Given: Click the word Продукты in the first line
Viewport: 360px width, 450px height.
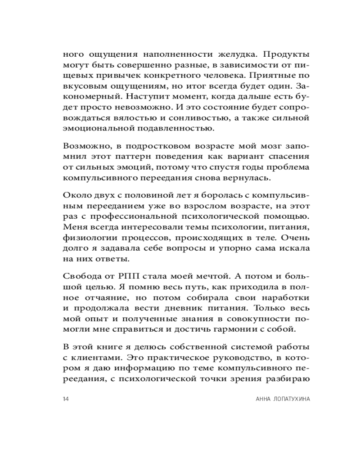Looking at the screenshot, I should pyautogui.click(x=286, y=54).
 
